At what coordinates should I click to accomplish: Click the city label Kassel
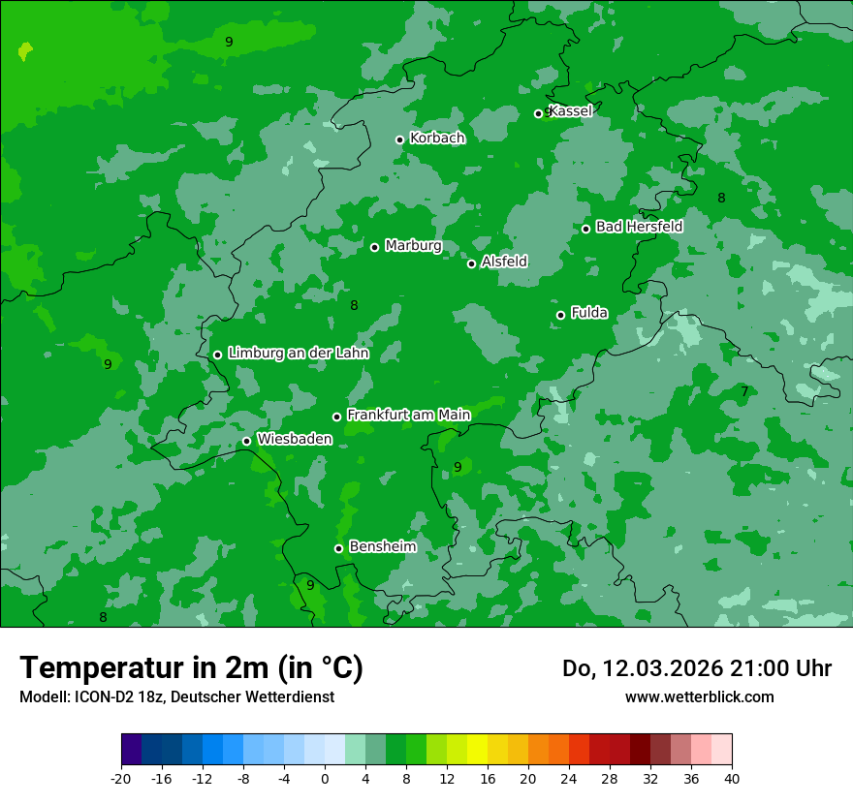570,111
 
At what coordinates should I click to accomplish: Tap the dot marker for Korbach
399,139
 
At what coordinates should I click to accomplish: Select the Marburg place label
413,246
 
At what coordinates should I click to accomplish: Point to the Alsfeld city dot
472,263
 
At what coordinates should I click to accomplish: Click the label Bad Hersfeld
639,227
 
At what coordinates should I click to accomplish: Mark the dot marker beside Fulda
560,315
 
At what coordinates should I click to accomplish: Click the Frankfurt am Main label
408,416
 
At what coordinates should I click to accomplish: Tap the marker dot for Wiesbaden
246,441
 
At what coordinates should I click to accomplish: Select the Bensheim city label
382,547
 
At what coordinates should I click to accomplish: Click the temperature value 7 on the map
744,392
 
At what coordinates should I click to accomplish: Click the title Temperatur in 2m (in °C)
191,668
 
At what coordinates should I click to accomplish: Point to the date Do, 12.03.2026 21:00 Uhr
697,668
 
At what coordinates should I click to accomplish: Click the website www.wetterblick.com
699,696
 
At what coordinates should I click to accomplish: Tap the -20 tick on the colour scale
121,778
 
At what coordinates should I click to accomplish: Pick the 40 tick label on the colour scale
732,778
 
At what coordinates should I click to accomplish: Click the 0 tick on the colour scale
325,778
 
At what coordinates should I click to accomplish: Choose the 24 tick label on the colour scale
569,778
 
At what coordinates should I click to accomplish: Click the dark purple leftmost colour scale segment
132,750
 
